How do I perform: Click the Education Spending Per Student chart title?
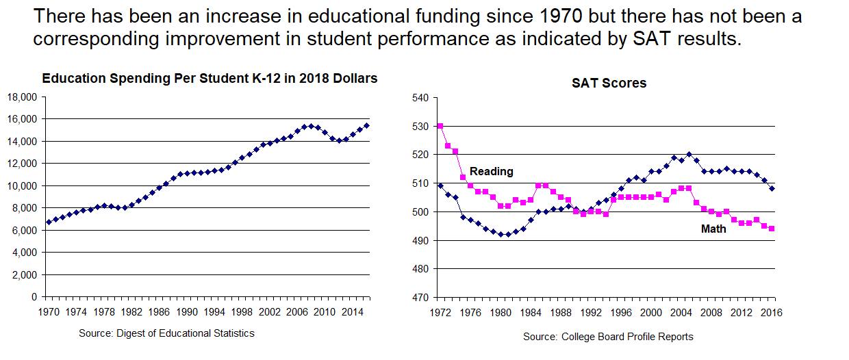[x=210, y=79]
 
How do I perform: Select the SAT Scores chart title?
[x=609, y=83]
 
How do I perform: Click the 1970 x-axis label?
[x=47, y=311]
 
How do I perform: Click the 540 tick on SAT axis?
[x=419, y=98]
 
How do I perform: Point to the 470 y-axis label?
[x=419, y=298]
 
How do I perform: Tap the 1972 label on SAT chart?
[x=440, y=313]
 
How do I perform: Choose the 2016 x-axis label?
[x=772, y=313]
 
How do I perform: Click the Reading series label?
[x=491, y=172]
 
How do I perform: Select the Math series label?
[x=713, y=229]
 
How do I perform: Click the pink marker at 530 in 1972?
[x=440, y=126]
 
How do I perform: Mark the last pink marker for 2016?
[x=772, y=229]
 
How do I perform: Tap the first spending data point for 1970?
[x=48, y=222]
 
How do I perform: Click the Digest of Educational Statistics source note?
[x=166, y=333]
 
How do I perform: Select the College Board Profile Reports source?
[x=608, y=337]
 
